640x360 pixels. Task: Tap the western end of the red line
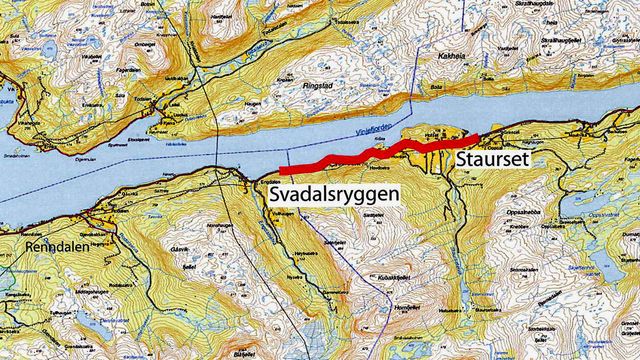pyautogui.click(x=282, y=171)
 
